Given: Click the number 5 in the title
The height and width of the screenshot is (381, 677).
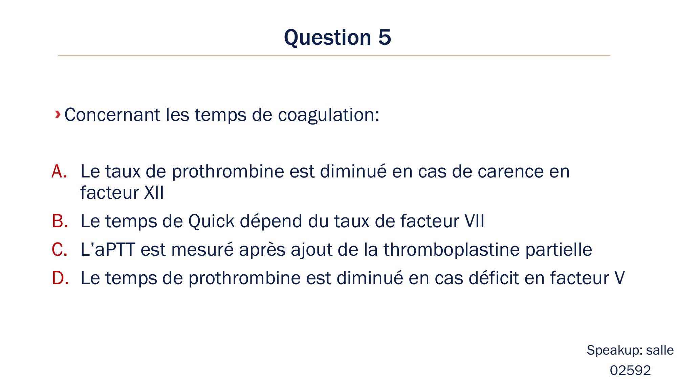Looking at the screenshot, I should click(385, 37).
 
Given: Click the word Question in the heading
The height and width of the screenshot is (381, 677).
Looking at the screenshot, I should click(327, 37).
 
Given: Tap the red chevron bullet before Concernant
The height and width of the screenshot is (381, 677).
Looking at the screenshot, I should click(58, 114).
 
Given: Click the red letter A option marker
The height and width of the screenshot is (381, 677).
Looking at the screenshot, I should click(59, 171).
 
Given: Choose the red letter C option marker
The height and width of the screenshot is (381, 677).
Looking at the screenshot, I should click(60, 250).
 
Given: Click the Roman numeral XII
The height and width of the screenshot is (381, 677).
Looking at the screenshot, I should click(154, 193).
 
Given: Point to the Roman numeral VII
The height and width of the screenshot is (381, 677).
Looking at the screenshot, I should click(474, 221).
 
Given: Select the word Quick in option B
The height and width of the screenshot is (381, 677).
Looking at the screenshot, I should click(211, 221).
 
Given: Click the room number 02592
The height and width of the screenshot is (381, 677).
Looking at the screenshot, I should click(630, 371).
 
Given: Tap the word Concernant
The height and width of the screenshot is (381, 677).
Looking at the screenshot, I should click(112, 115).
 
